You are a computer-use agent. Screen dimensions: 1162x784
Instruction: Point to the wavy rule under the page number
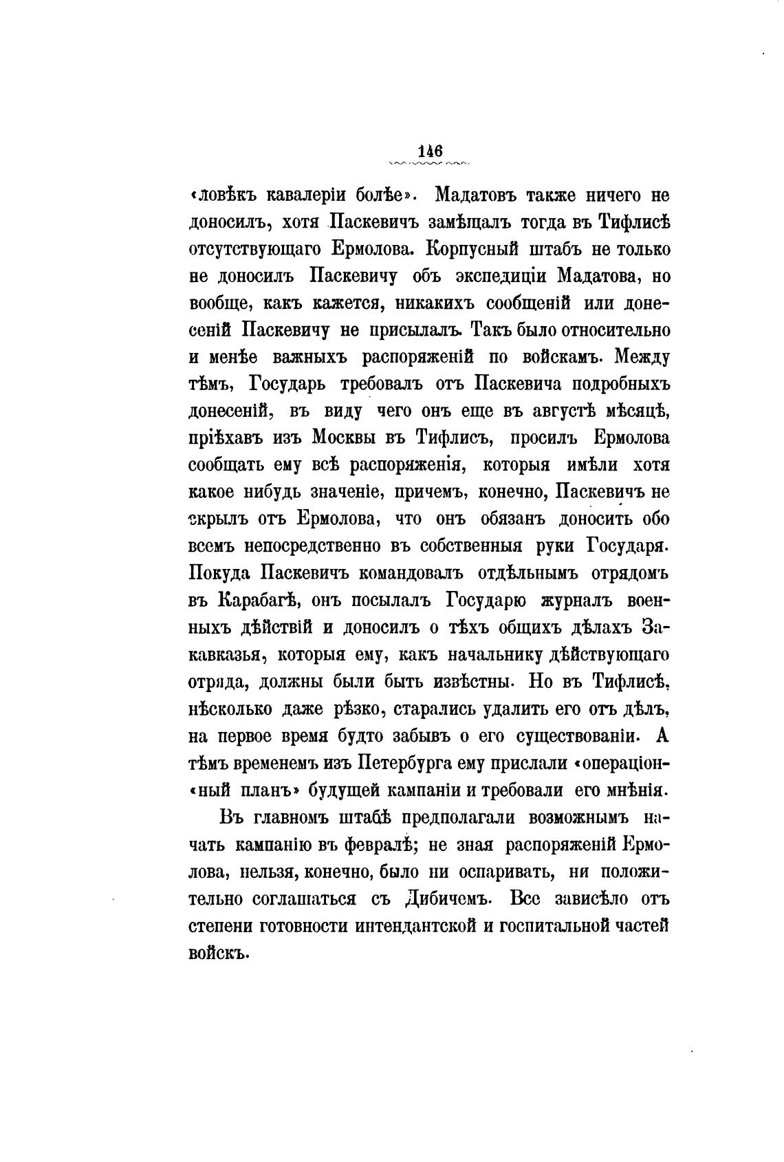[428, 164]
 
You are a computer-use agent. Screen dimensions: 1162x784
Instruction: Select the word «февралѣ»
[372, 844]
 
